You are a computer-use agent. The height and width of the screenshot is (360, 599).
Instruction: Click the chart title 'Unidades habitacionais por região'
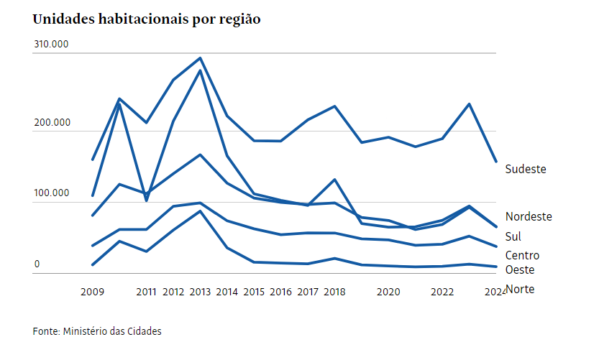click(x=147, y=19)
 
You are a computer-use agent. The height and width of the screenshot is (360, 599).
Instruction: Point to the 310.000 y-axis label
click(x=51, y=44)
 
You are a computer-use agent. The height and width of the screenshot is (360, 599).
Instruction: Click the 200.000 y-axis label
click(x=51, y=123)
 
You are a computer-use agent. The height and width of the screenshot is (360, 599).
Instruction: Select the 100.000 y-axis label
click(x=51, y=193)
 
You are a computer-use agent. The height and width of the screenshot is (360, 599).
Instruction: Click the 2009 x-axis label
click(x=92, y=292)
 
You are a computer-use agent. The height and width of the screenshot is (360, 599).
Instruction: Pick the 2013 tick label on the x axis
click(x=200, y=292)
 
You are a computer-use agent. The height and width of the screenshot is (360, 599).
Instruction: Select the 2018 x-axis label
click(x=334, y=292)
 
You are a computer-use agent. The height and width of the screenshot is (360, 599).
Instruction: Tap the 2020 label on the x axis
click(x=388, y=292)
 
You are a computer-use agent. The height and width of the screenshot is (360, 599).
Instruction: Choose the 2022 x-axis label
click(x=442, y=292)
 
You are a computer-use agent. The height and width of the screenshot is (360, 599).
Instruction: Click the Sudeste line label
click(x=526, y=170)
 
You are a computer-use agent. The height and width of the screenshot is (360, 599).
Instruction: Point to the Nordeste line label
click(x=529, y=216)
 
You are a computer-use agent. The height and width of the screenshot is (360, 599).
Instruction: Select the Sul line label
click(x=513, y=236)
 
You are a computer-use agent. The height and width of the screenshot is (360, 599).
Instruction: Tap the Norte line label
click(x=520, y=290)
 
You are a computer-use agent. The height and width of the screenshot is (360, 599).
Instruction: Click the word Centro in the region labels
click(x=522, y=255)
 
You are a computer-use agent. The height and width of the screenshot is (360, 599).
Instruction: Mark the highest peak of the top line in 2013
click(x=200, y=57)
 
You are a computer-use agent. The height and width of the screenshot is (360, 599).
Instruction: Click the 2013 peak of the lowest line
click(x=200, y=211)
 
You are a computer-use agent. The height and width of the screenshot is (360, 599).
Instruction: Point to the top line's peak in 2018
click(x=334, y=106)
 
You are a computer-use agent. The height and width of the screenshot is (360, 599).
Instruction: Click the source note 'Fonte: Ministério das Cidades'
click(x=97, y=331)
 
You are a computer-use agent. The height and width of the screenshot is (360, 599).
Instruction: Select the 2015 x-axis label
click(x=254, y=292)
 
